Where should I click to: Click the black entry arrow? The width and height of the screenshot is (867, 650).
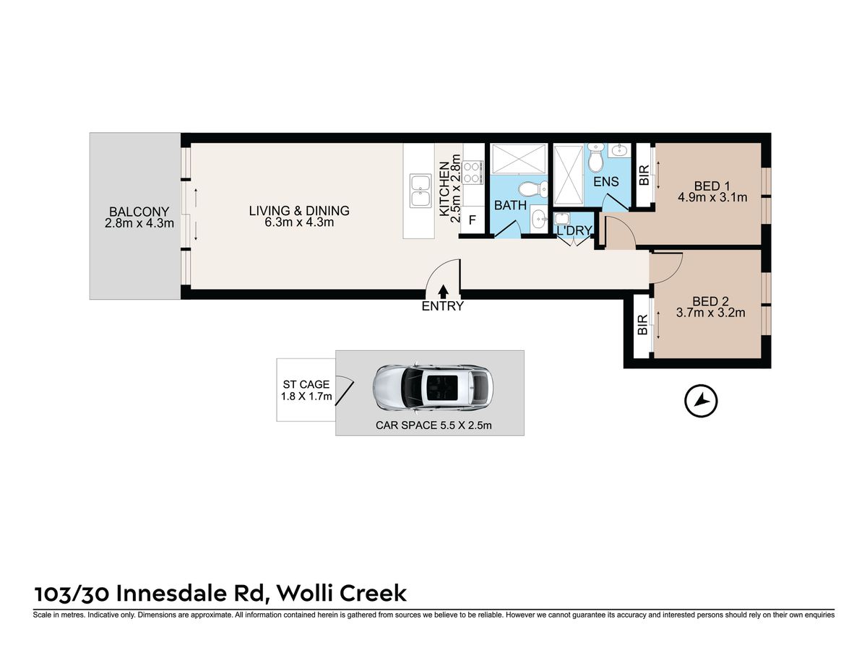[443, 291]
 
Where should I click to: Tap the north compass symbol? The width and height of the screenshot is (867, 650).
[701, 401]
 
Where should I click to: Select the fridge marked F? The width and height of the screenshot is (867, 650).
[473, 220]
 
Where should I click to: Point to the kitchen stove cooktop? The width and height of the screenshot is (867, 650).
[473, 172]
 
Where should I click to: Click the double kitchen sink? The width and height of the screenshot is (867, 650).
[420, 191]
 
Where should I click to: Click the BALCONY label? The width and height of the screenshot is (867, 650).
[139, 212]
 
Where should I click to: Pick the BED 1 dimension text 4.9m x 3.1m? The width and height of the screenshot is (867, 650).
[712, 197]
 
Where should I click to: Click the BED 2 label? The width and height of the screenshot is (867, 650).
[710, 301]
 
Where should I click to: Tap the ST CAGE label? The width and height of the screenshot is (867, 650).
[306, 384]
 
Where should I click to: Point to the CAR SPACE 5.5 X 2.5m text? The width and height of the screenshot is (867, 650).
[433, 425]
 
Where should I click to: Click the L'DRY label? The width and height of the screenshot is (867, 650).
[574, 230]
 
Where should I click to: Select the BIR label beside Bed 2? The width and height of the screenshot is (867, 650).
[642, 325]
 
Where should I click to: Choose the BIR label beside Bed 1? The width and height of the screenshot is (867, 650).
[644, 175]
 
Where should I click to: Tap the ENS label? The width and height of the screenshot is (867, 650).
[606, 181]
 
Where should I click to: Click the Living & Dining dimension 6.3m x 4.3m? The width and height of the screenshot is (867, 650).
[299, 222]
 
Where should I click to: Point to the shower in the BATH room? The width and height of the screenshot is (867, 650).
[519, 159]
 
